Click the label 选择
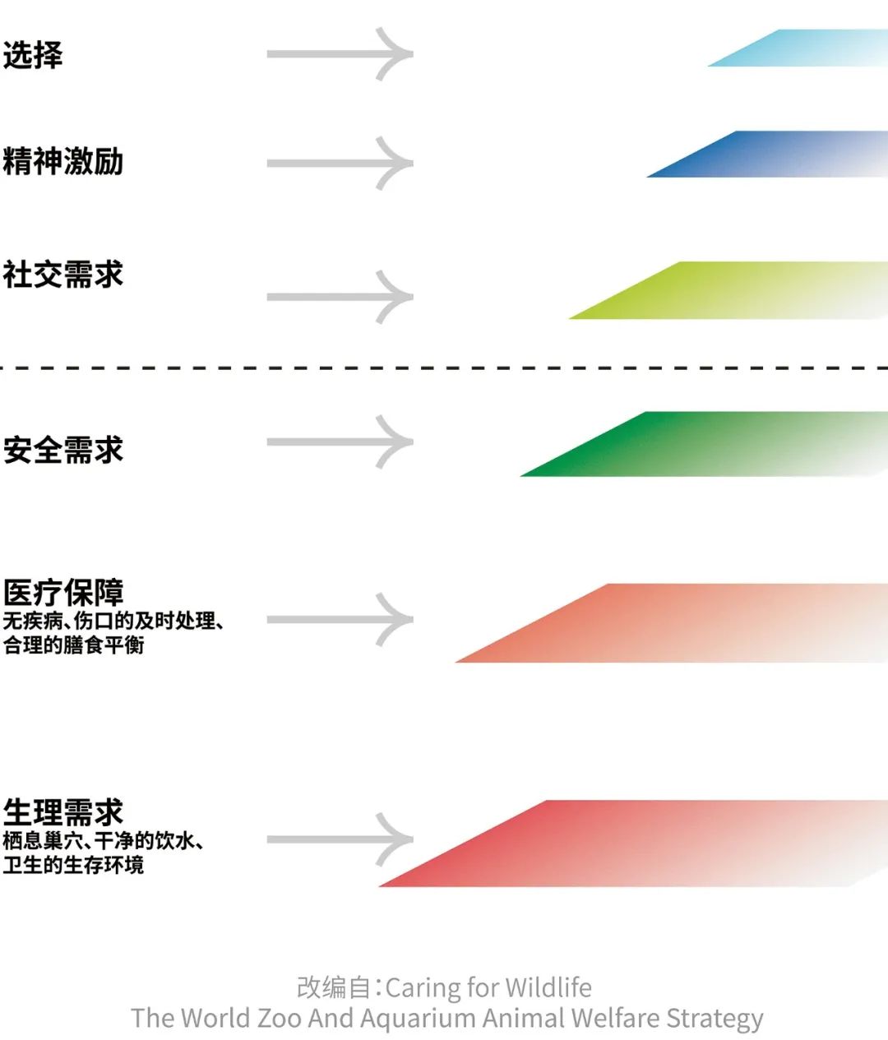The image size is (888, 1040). point(33,55)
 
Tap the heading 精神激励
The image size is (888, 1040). point(62,161)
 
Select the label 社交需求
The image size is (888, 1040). point(62,275)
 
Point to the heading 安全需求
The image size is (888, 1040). point(62,450)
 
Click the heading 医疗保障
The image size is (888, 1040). point(62,593)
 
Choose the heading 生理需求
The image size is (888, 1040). point(62,812)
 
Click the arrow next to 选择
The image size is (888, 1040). point(340,53)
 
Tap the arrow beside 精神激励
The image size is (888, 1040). point(340,163)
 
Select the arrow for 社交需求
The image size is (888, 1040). point(340,297)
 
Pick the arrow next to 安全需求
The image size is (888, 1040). point(340,442)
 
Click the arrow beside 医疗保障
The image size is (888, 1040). point(340,619)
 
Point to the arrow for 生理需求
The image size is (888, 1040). point(340,839)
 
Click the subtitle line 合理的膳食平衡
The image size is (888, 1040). point(73,645)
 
